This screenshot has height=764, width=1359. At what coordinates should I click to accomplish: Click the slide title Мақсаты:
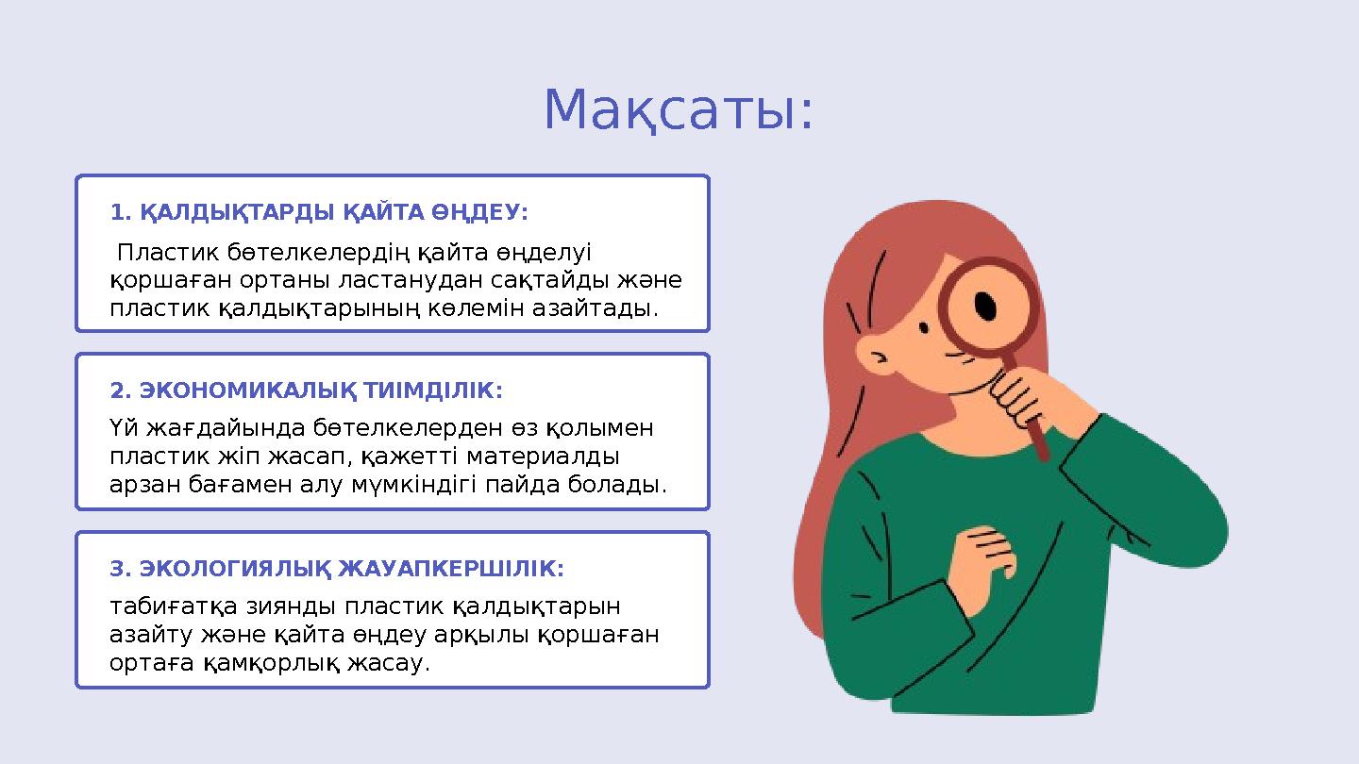[678, 111]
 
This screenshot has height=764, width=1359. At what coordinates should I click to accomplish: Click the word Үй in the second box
[123, 429]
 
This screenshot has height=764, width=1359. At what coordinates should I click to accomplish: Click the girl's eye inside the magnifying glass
[984, 306]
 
